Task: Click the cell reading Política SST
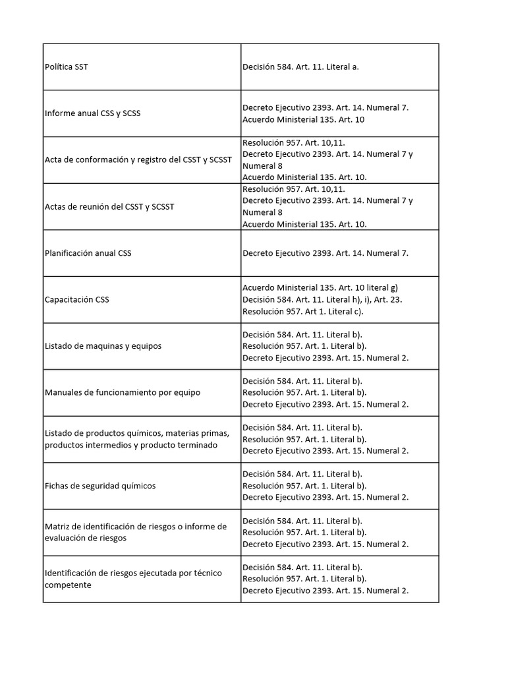tap(67, 67)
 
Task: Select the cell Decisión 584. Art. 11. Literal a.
tap(300, 67)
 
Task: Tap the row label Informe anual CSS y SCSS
tap(93, 113)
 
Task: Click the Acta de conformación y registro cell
tap(138, 160)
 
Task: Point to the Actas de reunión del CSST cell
tap(109, 207)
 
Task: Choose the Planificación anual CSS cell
tap(88, 253)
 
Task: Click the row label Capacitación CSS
tap(77, 300)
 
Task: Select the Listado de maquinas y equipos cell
tap(103, 346)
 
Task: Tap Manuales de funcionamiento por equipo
tap(123, 393)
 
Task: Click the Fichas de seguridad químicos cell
tap(100, 486)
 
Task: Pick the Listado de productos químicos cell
tap(137, 439)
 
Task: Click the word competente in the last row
tap(68, 585)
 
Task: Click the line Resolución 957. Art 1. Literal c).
tap(303, 311)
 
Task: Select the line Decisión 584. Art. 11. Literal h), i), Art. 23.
tap(322, 299)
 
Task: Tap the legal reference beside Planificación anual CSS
tap(325, 253)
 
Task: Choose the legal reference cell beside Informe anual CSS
tap(325, 113)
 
